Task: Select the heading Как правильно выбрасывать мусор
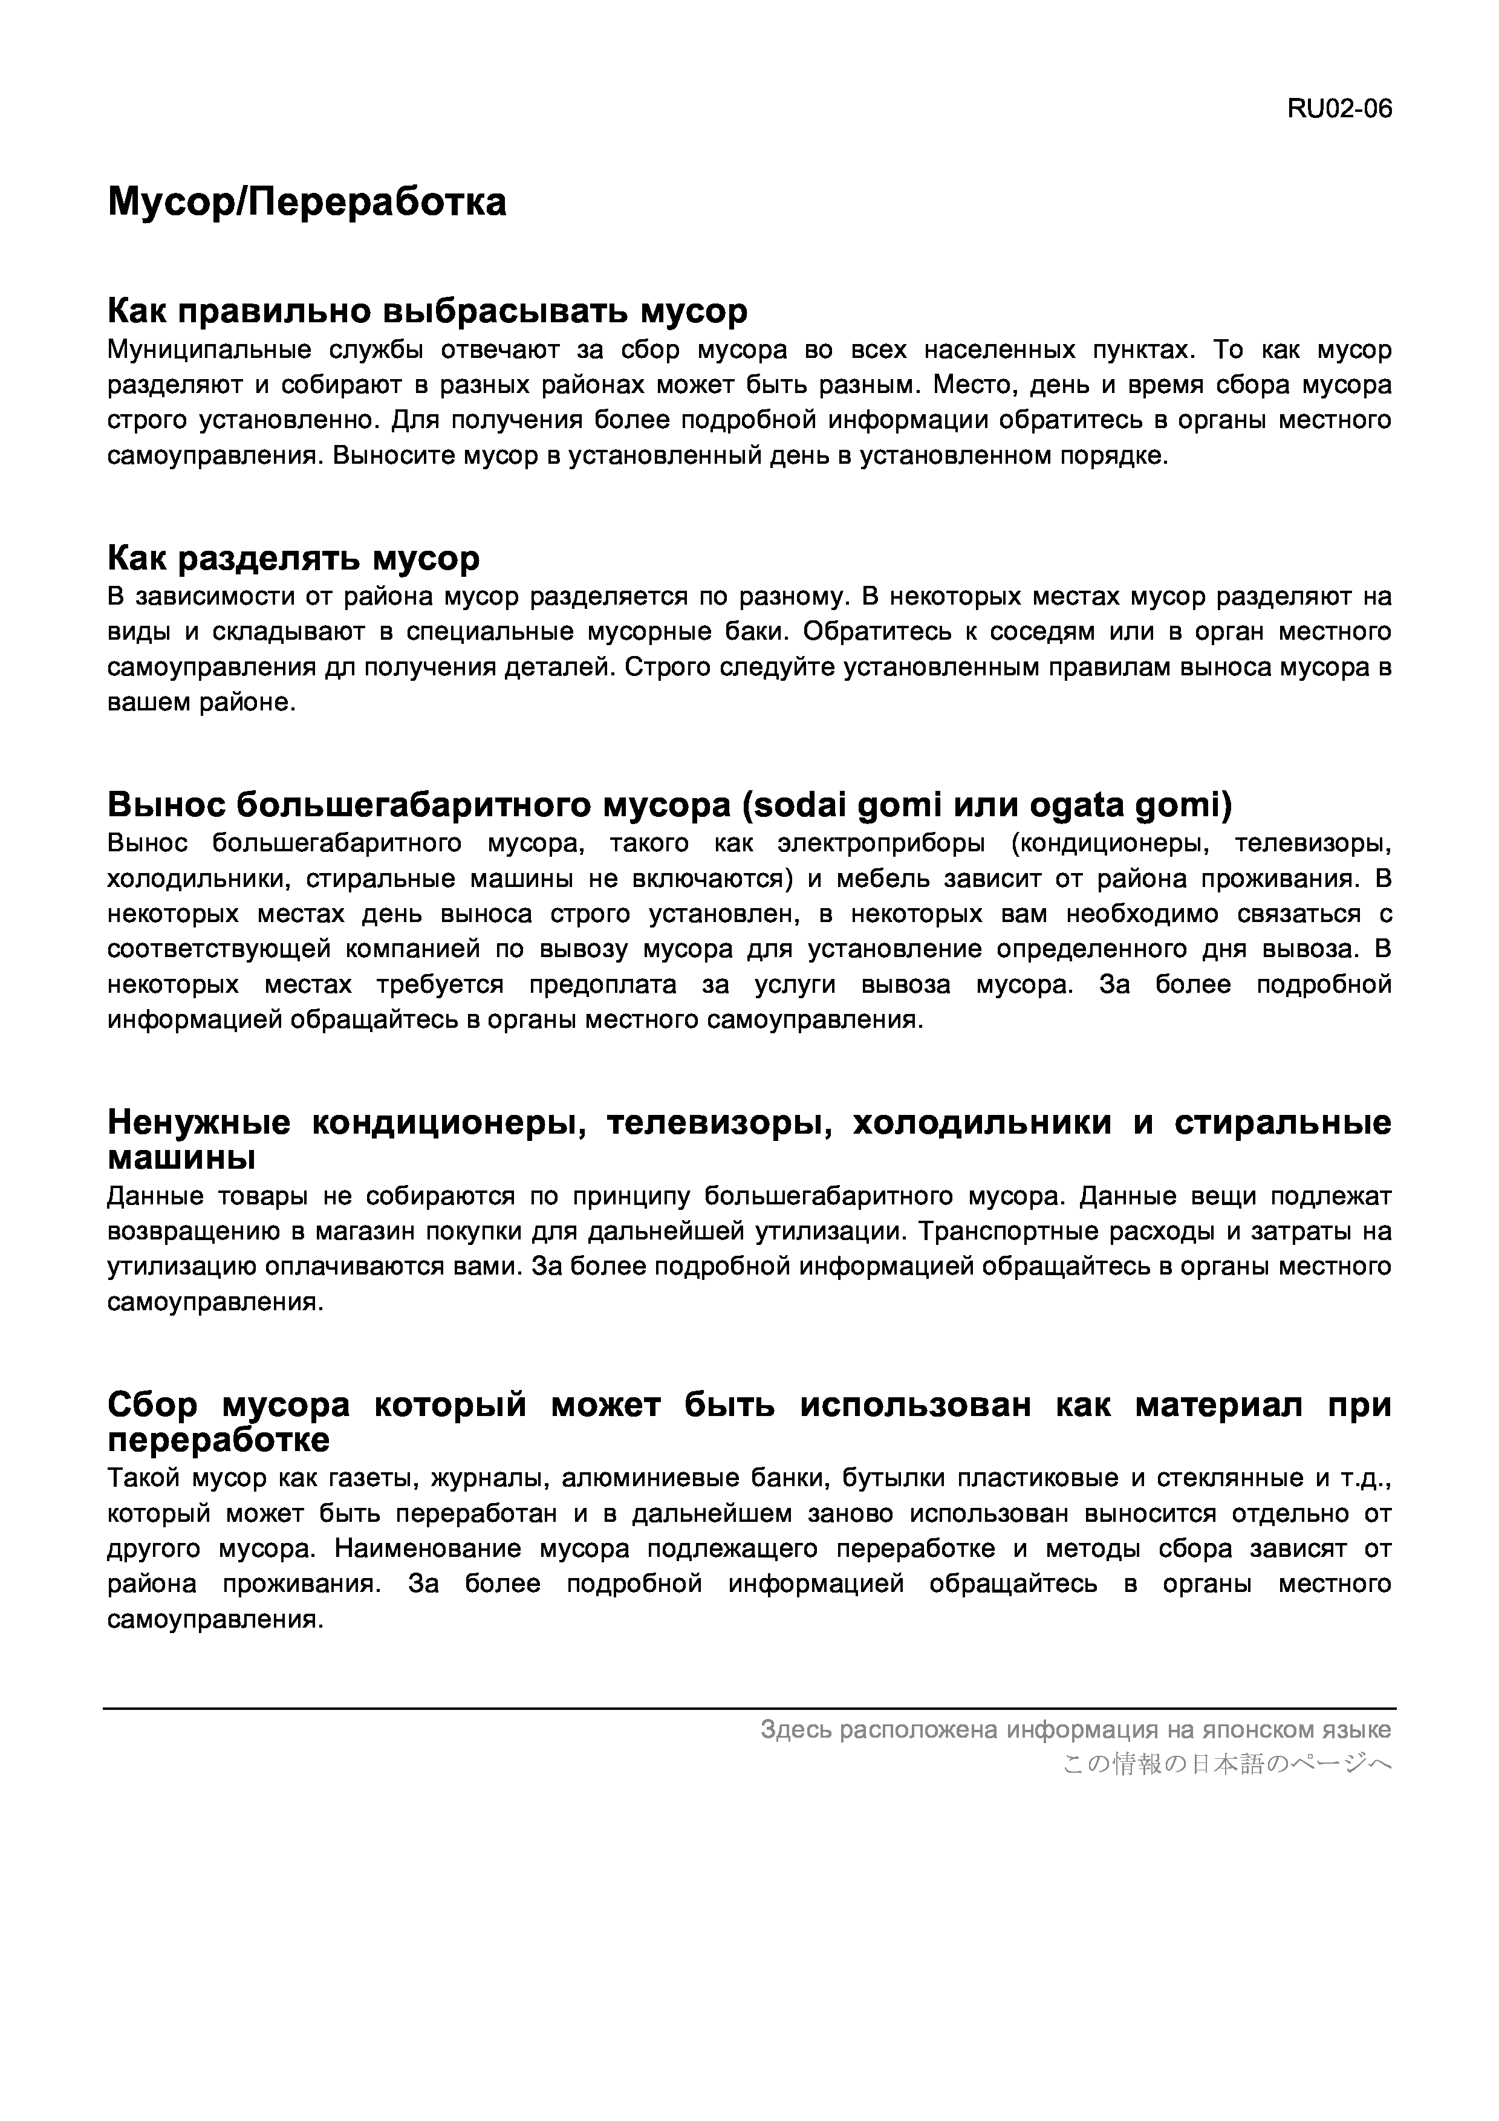click(427, 311)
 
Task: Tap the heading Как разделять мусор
click(294, 558)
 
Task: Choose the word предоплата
click(602, 985)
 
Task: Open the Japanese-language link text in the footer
click(1226, 1764)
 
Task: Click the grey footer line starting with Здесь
click(1075, 1729)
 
